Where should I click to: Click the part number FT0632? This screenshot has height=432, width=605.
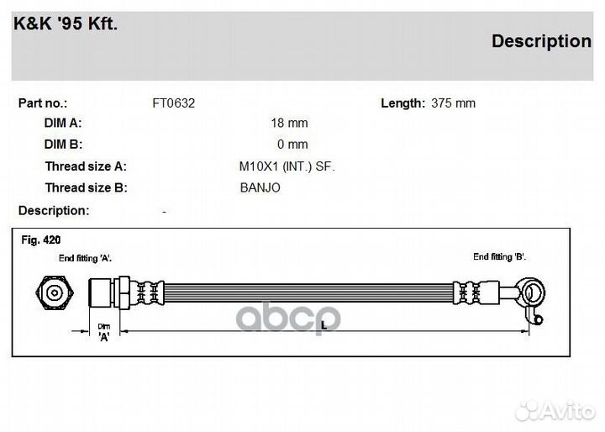[174, 103]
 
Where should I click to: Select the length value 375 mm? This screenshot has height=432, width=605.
[454, 103]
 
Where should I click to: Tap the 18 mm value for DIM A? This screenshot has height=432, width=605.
[289, 124]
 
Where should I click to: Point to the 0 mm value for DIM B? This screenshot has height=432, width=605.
[292, 145]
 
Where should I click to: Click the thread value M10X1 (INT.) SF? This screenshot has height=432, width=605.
[287, 166]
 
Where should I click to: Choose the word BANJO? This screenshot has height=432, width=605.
[260, 188]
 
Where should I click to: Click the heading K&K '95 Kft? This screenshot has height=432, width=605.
[66, 24]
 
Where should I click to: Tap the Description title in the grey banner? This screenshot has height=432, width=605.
[541, 41]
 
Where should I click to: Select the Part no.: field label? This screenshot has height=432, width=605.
[43, 103]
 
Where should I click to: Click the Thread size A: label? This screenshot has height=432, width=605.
[86, 166]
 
